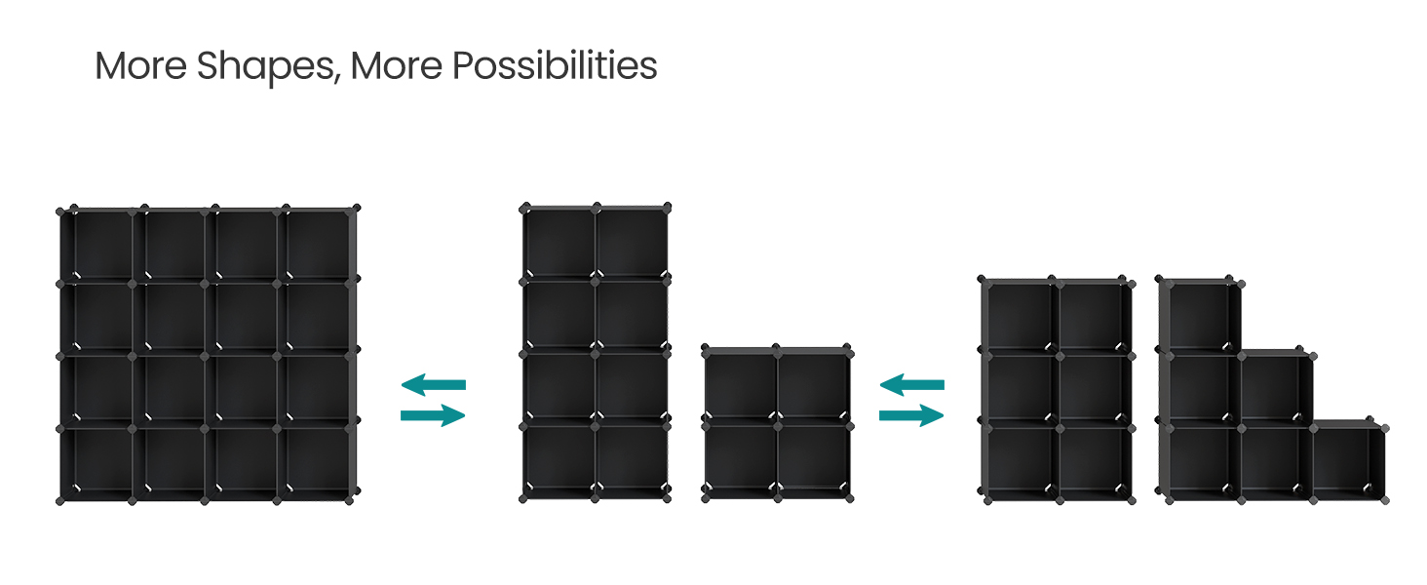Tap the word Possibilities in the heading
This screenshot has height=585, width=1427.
[x=555, y=66]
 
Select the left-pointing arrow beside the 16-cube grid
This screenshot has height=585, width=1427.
[x=433, y=385]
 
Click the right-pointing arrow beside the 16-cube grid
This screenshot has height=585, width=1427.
[x=433, y=415]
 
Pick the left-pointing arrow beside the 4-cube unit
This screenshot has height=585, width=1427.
[x=911, y=385]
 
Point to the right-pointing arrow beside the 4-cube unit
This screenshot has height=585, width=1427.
[x=911, y=415]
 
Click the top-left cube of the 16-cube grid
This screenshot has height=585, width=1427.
[x=96, y=245]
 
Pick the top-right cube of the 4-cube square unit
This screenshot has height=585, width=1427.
[x=813, y=386]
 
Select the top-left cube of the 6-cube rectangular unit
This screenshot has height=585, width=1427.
[x=1020, y=316]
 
